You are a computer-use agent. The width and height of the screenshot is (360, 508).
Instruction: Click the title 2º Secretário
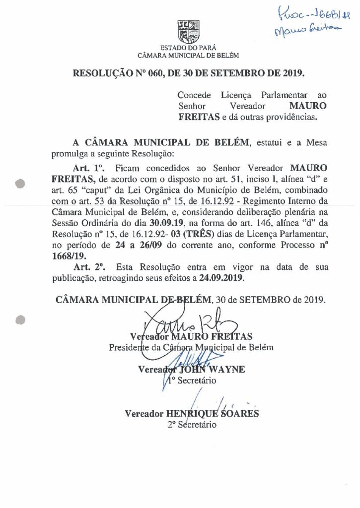[192, 425]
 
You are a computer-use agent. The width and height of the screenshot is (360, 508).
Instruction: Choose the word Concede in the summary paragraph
[194, 95]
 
